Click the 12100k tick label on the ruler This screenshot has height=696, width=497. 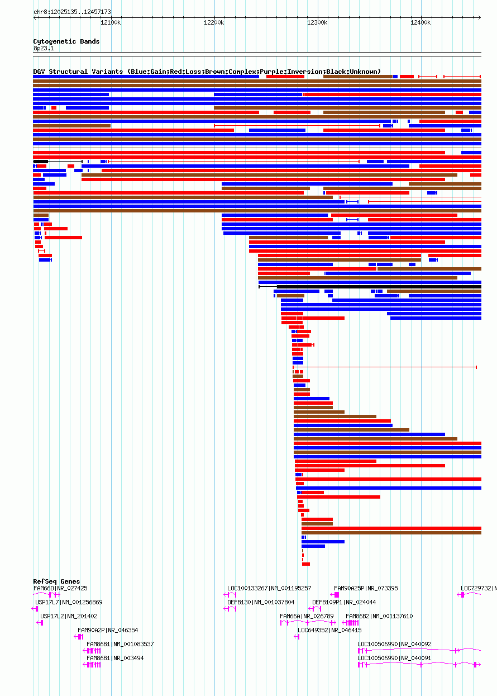click(x=111, y=22)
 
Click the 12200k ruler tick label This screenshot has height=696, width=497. click(x=214, y=22)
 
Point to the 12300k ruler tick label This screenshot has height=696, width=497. click(x=317, y=22)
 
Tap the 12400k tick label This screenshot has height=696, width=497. click(x=420, y=22)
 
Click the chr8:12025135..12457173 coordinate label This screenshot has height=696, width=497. click(x=72, y=12)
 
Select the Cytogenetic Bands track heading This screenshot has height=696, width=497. click(x=66, y=41)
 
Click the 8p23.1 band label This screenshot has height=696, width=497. click(x=44, y=48)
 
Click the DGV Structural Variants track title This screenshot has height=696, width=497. click(x=207, y=72)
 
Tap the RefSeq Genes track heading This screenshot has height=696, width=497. click(x=56, y=581)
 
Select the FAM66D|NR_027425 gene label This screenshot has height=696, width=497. click(x=60, y=588)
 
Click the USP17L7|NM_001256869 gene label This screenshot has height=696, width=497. click(x=69, y=602)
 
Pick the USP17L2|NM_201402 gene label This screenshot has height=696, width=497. click(x=69, y=616)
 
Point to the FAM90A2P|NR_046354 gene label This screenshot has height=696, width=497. click(x=108, y=630)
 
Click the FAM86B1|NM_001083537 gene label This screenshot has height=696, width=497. click(x=120, y=644)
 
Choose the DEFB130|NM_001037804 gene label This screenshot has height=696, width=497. click(x=261, y=602)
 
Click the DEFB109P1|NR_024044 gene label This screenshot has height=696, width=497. click(x=344, y=602)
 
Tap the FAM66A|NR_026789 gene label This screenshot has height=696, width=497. click(x=307, y=616)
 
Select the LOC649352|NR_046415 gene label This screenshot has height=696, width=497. click(x=329, y=630)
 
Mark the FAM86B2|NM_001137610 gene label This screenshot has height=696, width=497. click(x=379, y=616)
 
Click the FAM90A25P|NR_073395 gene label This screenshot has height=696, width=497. click(x=366, y=588)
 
